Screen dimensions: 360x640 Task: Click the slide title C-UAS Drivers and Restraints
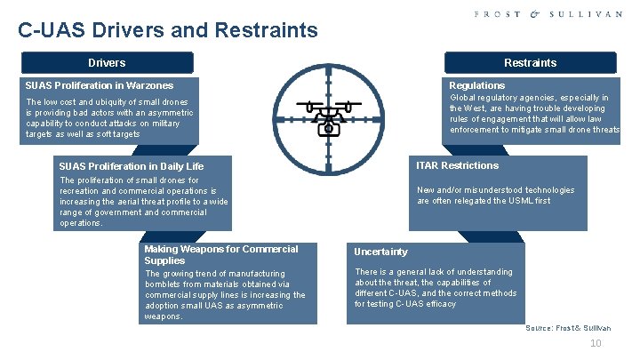click(168, 31)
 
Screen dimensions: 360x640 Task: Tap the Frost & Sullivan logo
click(548, 14)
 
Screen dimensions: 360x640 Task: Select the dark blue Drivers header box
click(107, 63)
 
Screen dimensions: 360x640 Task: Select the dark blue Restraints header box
click(530, 63)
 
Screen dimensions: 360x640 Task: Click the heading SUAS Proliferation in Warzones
click(100, 85)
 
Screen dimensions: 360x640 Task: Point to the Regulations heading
click(476, 85)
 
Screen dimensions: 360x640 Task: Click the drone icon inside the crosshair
click(328, 116)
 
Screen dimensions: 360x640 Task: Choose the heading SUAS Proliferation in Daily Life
click(131, 166)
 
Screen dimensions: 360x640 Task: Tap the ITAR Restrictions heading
click(458, 165)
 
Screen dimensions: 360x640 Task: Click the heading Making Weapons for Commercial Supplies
click(220, 255)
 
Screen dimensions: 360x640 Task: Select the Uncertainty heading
click(380, 252)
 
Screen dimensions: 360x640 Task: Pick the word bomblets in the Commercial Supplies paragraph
click(165, 284)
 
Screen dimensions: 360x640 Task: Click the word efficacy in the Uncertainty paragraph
click(437, 304)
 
